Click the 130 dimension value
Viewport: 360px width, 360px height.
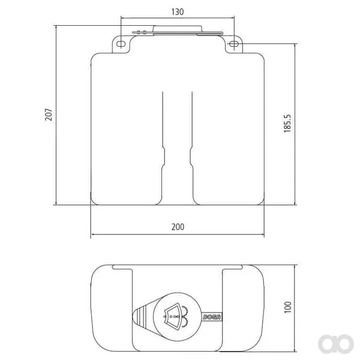pyautogui.click(x=178, y=12)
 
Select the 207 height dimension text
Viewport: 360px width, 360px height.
pyautogui.click(x=49, y=115)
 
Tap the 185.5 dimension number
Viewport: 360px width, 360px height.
pyautogui.click(x=287, y=123)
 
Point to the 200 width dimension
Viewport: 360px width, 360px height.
pyautogui.click(x=178, y=227)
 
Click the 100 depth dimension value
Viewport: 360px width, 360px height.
pyautogui.click(x=287, y=307)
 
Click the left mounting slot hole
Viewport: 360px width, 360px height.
pyautogui.click(x=121, y=44)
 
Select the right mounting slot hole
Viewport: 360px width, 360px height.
pyautogui.click(x=234, y=44)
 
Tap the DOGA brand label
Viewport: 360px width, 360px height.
pyautogui.click(x=212, y=317)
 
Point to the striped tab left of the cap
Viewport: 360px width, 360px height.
pyautogui.click(x=140, y=316)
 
